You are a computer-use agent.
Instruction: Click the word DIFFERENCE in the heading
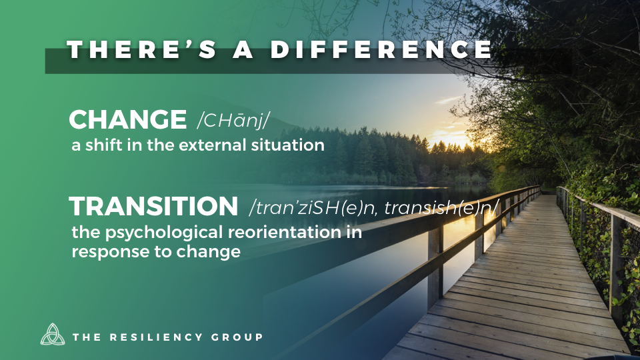(x=381, y=49)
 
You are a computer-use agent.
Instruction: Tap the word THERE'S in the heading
(x=141, y=49)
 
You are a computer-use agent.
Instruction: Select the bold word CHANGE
(x=128, y=119)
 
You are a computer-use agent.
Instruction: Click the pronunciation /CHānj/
(x=233, y=120)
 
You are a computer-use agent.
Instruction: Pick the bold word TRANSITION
(x=153, y=206)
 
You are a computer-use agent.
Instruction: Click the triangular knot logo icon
(x=53, y=334)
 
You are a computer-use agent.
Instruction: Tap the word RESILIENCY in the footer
(x=156, y=337)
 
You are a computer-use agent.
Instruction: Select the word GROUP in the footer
(x=237, y=337)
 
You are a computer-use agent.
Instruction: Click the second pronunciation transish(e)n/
(x=441, y=207)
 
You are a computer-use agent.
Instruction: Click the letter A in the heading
(x=243, y=49)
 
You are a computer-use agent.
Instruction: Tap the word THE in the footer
(x=87, y=337)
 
